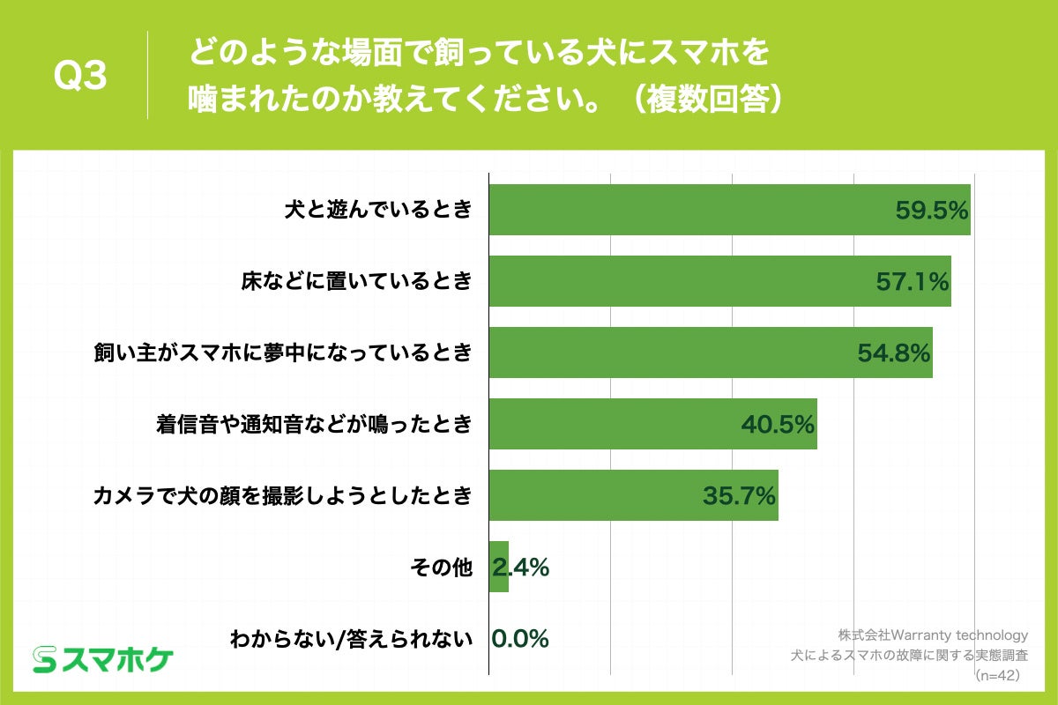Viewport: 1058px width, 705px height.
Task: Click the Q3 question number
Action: (x=80, y=78)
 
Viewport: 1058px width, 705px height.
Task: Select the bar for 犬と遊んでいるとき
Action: (x=688, y=210)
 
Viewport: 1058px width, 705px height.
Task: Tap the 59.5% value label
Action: (x=932, y=211)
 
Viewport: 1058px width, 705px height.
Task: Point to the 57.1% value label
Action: (x=912, y=282)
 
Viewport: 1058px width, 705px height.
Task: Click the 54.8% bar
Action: (x=670, y=352)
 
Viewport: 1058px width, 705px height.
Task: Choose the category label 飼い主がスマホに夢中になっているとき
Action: (x=283, y=353)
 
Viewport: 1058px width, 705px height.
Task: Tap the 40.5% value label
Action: (x=777, y=425)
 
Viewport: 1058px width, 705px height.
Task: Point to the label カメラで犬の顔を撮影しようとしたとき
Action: (x=283, y=496)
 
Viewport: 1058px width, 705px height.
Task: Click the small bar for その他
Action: (x=498, y=567)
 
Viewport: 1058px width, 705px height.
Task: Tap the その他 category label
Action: (x=442, y=568)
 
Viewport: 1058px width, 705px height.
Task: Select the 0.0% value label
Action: (x=520, y=638)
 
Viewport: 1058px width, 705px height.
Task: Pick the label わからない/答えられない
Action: (x=350, y=639)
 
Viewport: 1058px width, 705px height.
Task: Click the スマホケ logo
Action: (x=103, y=658)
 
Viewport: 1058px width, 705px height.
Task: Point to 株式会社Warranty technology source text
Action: (x=933, y=634)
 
